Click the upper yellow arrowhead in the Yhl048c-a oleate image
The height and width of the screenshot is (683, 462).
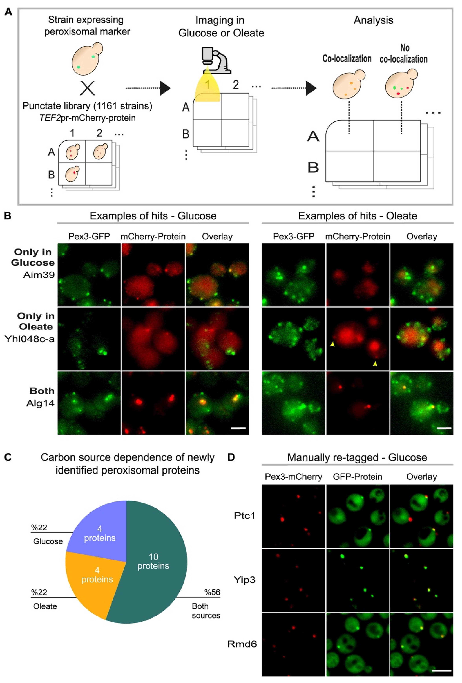point(332,344)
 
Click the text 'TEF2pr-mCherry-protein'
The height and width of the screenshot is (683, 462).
point(88,118)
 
